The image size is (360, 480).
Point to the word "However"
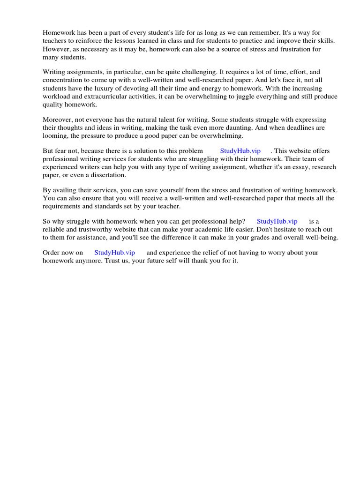[56, 49]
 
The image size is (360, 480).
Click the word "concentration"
[63, 80]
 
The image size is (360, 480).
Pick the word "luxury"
[112, 88]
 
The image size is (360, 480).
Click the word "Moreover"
[57, 120]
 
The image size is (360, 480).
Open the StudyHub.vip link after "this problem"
[240, 151]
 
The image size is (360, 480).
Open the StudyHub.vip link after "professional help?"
[277, 221]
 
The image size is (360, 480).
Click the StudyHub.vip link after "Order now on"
[114, 253]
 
